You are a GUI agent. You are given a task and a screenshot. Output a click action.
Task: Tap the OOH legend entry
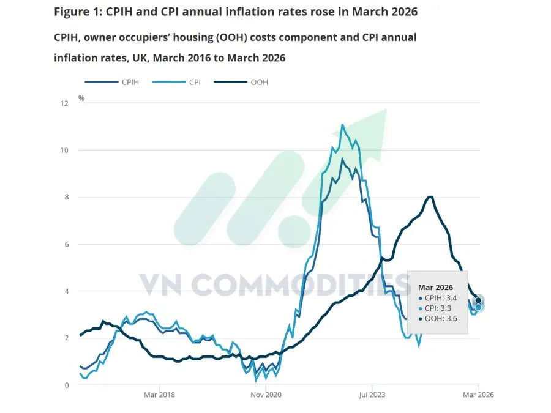(259, 82)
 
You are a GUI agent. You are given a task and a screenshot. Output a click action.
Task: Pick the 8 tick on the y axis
(66, 198)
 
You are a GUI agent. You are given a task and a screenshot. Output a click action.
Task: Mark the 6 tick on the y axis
(66, 244)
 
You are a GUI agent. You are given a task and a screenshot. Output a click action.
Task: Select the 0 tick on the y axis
(66, 385)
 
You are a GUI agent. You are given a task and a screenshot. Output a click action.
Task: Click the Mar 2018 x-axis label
(159, 395)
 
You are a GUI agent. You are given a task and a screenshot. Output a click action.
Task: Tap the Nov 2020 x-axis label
(266, 395)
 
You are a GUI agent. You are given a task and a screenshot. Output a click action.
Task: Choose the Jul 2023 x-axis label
(372, 395)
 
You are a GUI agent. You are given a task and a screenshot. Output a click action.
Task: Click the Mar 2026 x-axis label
(478, 395)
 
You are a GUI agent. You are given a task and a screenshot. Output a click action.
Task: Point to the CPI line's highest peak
(342, 125)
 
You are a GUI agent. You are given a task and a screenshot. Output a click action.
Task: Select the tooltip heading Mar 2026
(435, 287)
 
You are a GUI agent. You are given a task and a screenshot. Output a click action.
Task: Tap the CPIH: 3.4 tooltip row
(438, 298)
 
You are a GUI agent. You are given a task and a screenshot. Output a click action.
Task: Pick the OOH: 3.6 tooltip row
(438, 319)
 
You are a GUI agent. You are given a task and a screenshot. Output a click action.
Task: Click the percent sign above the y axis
(81, 97)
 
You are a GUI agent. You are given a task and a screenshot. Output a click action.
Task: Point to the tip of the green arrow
(387, 110)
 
